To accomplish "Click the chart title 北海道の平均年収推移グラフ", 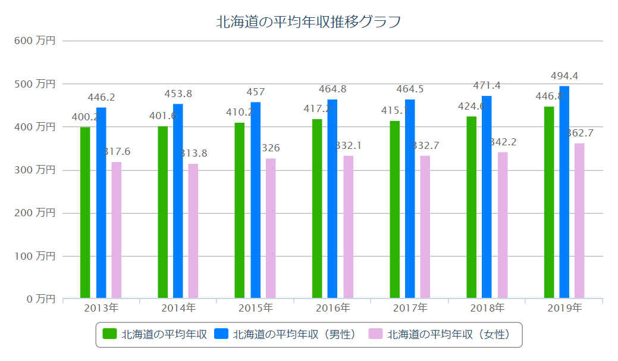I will pyautogui.click(x=309, y=22).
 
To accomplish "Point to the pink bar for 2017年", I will pyautogui.click(x=425, y=226).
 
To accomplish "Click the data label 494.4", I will pyautogui.click(x=564, y=76).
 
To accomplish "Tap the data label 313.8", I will pyautogui.click(x=193, y=154).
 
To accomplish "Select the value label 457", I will pyautogui.click(x=255, y=92).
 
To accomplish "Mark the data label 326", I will pyautogui.click(x=271, y=148).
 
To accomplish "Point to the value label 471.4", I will pyautogui.click(x=487, y=86).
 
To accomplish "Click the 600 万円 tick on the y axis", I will pyautogui.click(x=35, y=41).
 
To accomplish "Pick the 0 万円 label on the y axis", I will pyautogui.click(x=41, y=298).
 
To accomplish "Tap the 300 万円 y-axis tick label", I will pyautogui.click(x=35, y=170).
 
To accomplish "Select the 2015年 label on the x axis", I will pyautogui.click(x=255, y=308).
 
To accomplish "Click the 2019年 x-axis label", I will pyautogui.click(x=564, y=308).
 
